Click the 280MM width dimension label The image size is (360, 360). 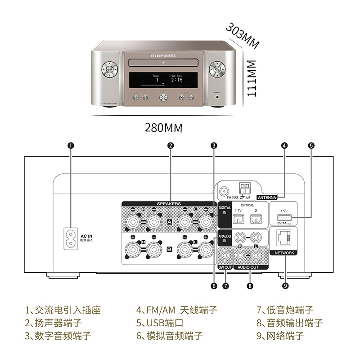tap(163, 128)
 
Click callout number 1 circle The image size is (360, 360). tap(71, 145)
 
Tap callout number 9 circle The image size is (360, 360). tap(284, 285)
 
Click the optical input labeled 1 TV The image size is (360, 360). tap(238, 218)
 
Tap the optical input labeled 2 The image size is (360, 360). tap(256, 218)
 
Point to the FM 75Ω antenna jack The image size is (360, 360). tap(224, 191)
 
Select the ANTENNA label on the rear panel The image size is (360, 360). tap(267, 197)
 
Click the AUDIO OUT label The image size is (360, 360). tap(248, 267)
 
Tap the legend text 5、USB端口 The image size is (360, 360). tap(160, 323)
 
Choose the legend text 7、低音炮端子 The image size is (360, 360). tap(285, 310)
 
